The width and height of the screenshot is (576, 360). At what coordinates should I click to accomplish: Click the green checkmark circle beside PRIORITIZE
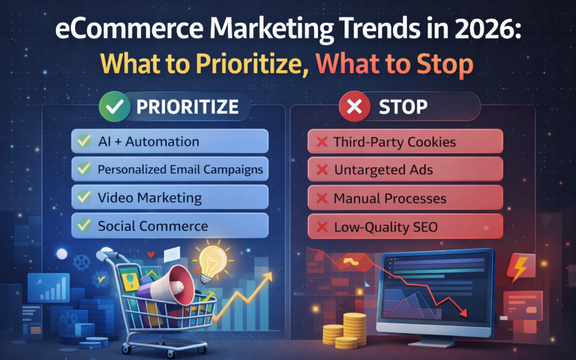(115, 107)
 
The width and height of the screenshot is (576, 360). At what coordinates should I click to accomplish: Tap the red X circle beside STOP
(355, 107)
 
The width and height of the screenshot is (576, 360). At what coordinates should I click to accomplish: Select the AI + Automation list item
(170, 141)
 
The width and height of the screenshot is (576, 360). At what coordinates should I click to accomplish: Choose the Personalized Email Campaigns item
(170, 170)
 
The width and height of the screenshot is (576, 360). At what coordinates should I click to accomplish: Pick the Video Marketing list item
(170, 198)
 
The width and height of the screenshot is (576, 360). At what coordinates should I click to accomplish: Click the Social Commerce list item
(170, 226)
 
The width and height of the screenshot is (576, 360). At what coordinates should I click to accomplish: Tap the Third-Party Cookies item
(405, 141)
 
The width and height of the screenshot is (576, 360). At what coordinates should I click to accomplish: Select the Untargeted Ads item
(405, 170)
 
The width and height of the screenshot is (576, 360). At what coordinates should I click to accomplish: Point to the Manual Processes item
(405, 198)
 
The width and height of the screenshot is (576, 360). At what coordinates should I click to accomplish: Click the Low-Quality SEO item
(405, 227)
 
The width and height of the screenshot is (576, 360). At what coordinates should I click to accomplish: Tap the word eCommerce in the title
(129, 29)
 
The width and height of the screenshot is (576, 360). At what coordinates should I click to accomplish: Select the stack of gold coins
(345, 331)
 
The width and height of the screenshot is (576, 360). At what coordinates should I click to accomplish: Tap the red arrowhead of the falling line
(463, 313)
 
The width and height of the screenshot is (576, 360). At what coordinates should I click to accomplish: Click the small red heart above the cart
(150, 254)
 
